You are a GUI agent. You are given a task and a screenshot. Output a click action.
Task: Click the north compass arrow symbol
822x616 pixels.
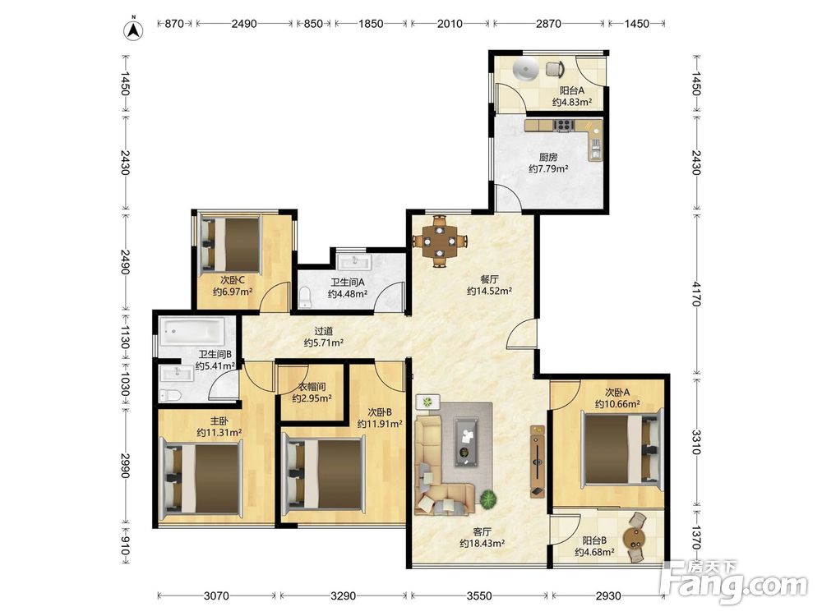pos(134,30)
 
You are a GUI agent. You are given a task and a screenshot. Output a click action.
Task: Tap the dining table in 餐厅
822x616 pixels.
pos(439,241)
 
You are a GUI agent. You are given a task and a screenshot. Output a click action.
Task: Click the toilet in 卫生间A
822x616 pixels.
pos(305,297)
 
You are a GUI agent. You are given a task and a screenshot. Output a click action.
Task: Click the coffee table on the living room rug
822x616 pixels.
pos(466,441)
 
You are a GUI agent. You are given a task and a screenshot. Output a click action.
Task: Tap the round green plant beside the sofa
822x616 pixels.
pos(488,499)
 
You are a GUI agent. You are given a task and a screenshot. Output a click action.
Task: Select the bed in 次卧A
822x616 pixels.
pos(621,449)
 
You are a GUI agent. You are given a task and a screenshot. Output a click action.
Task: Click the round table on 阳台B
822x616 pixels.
pos(635,538)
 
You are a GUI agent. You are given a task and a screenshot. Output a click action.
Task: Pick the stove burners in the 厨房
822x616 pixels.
pos(564,125)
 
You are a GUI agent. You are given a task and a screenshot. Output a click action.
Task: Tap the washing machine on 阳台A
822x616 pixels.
pos(525,70)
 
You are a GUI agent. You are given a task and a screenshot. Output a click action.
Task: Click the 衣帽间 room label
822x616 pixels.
pos(312,387)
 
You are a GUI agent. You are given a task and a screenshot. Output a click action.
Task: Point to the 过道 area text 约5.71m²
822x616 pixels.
pos(324,343)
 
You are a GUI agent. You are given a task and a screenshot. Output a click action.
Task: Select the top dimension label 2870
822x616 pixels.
pos(548,24)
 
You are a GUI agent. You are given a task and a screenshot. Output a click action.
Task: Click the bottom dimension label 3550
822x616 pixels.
pos(479,595)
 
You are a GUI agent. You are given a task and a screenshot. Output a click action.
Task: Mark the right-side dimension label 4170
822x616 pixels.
pos(696,294)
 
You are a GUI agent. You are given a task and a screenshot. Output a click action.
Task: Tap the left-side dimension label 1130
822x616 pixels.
pos(125,338)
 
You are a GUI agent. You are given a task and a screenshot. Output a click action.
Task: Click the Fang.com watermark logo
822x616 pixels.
pos(734,582)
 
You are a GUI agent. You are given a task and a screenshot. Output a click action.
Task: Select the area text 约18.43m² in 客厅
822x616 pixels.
pos(483,544)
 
